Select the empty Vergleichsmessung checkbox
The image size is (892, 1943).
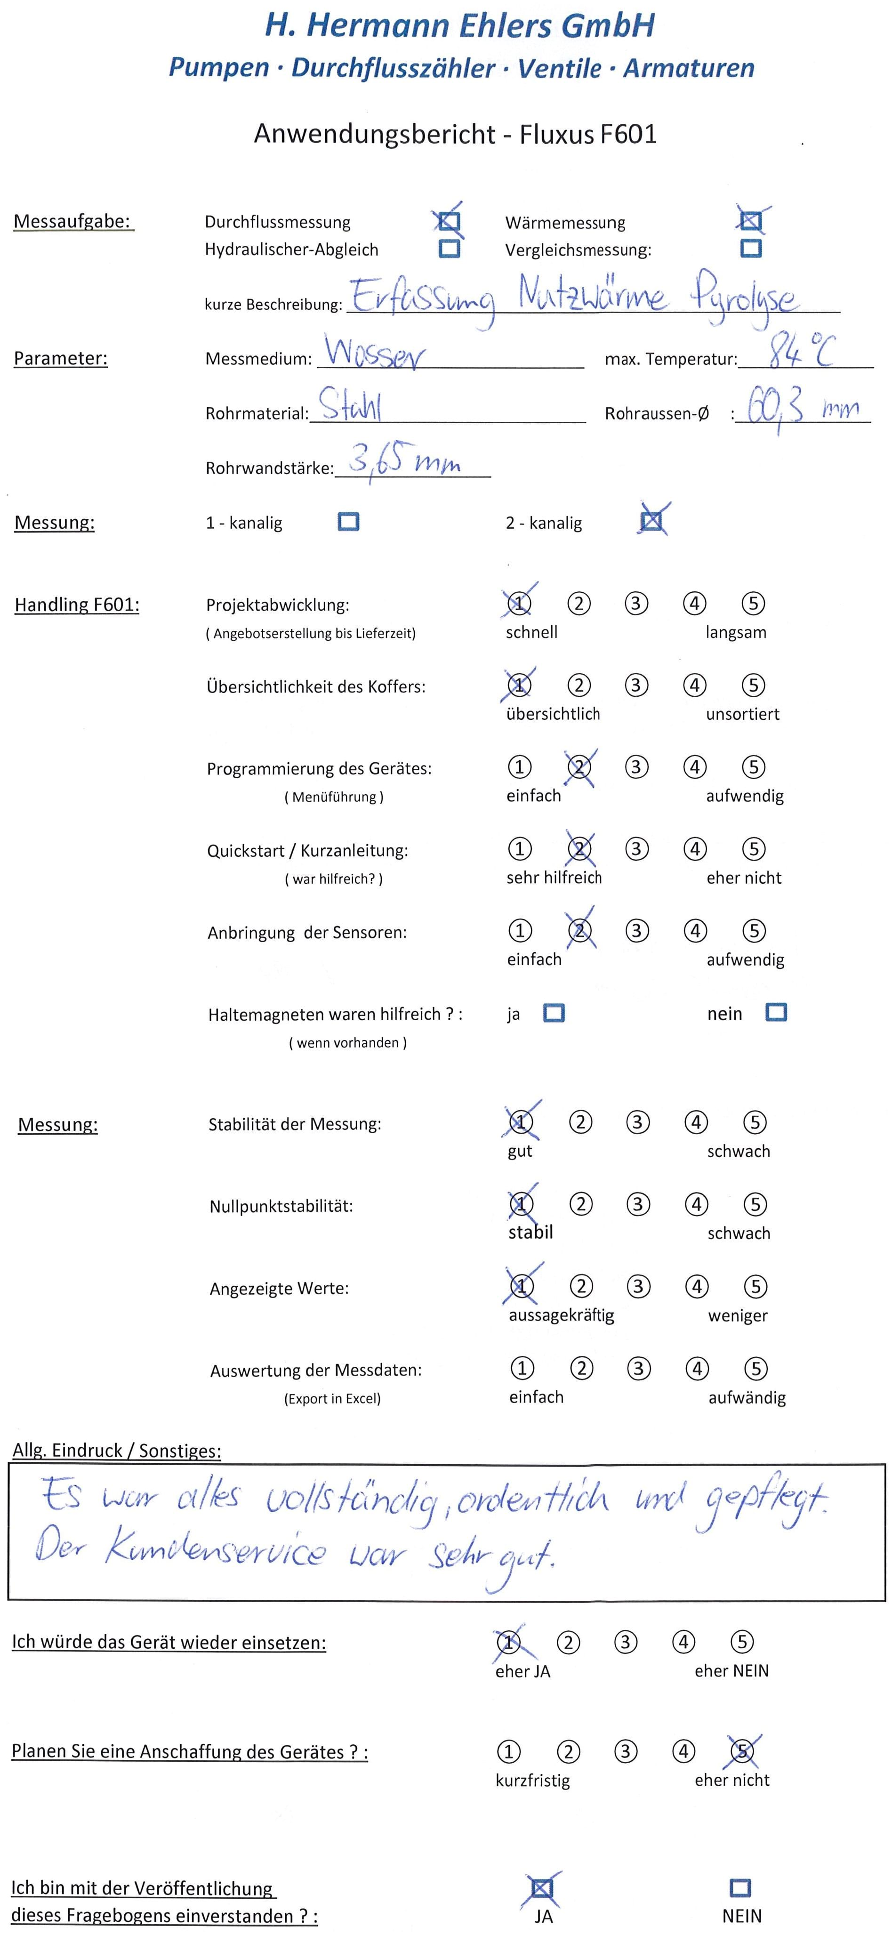(x=751, y=248)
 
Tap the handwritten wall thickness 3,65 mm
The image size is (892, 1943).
(x=405, y=460)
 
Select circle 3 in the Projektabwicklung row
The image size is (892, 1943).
(x=636, y=604)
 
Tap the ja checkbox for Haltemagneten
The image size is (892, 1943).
(x=554, y=1013)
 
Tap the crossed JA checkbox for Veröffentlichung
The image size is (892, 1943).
(x=542, y=1888)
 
